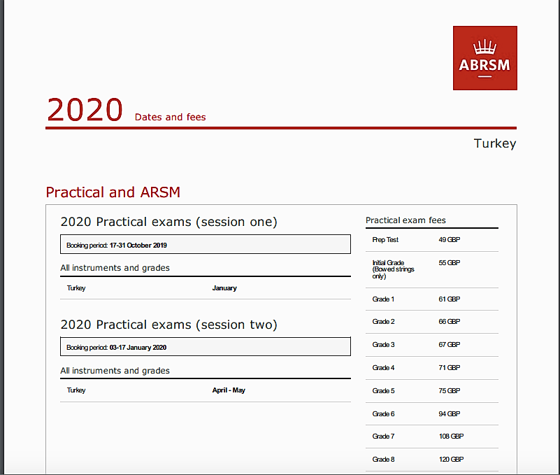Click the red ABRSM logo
coord(485,58)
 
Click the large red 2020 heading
coord(85,110)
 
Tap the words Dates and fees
coord(171,117)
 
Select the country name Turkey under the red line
coord(495,143)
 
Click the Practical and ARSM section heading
coord(113,192)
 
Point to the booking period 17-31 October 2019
coord(138,245)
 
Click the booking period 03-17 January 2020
coord(138,348)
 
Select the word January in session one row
coord(224,288)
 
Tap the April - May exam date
coord(229,390)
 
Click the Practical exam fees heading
coord(405,220)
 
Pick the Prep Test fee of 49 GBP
coord(450,240)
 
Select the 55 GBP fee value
coord(450,263)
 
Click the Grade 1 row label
coord(383,299)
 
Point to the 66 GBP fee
coord(450,322)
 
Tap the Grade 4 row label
coord(383,368)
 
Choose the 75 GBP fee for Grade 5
coord(450,391)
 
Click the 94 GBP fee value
coord(450,414)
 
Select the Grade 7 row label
coord(383,437)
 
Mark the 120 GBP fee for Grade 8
coord(452,460)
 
